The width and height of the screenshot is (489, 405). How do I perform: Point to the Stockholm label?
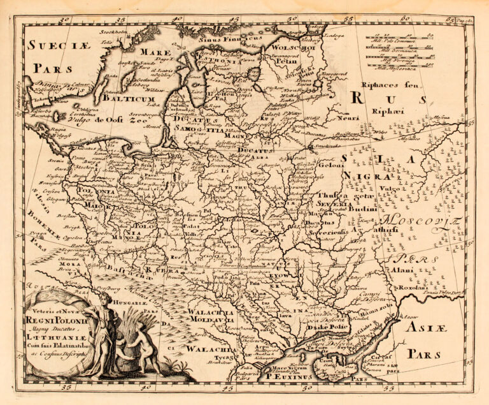pyautogui.click(x=113, y=31)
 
